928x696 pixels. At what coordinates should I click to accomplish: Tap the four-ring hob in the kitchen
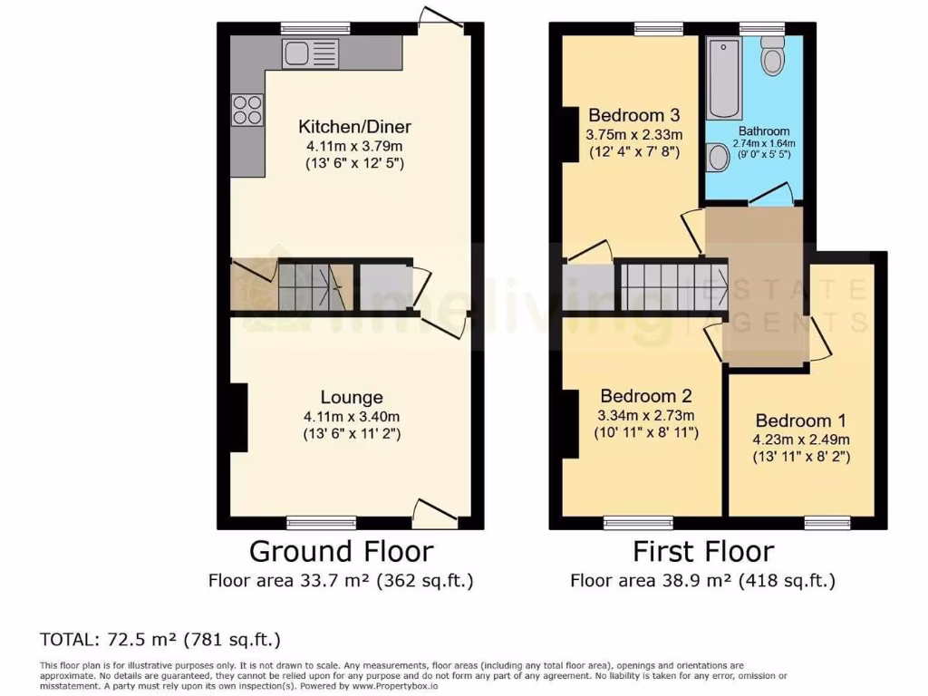click(x=247, y=110)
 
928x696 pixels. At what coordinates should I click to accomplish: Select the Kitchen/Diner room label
click(x=350, y=126)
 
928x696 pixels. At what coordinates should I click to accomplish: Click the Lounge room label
click(x=352, y=397)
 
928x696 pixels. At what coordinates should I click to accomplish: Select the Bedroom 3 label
click(x=633, y=115)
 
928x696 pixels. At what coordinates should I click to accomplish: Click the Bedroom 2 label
click(x=646, y=396)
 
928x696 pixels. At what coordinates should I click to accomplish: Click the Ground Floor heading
click(x=341, y=551)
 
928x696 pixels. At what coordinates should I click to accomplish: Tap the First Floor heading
click(x=703, y=551)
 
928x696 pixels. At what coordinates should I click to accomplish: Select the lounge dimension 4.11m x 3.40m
click(x=352, y=416)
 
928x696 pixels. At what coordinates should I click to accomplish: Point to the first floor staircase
click(x=672, y=285)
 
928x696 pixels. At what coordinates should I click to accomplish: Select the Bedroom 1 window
click(x=826, y=522)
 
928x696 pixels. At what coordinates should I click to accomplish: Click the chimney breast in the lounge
click(x=238, y=417)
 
